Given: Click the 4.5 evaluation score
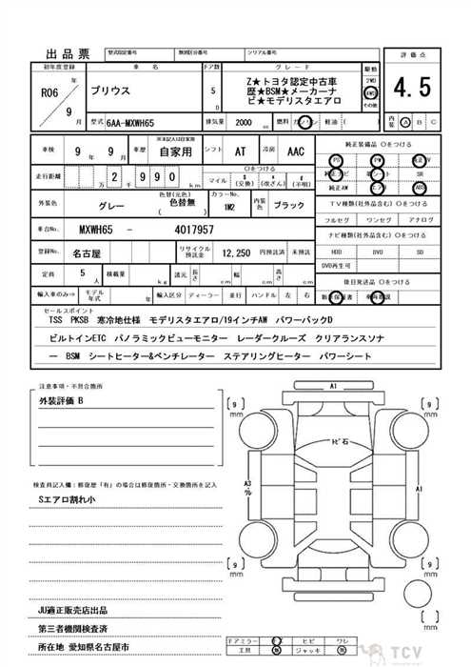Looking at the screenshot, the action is coord(413,90).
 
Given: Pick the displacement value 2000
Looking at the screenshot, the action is coord(244,123).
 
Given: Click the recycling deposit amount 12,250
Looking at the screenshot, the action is coord(236,253).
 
